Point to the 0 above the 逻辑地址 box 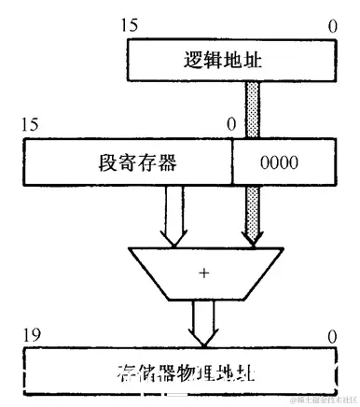coord(332,25)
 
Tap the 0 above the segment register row coord(231,124)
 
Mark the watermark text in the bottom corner coord(322,400)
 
